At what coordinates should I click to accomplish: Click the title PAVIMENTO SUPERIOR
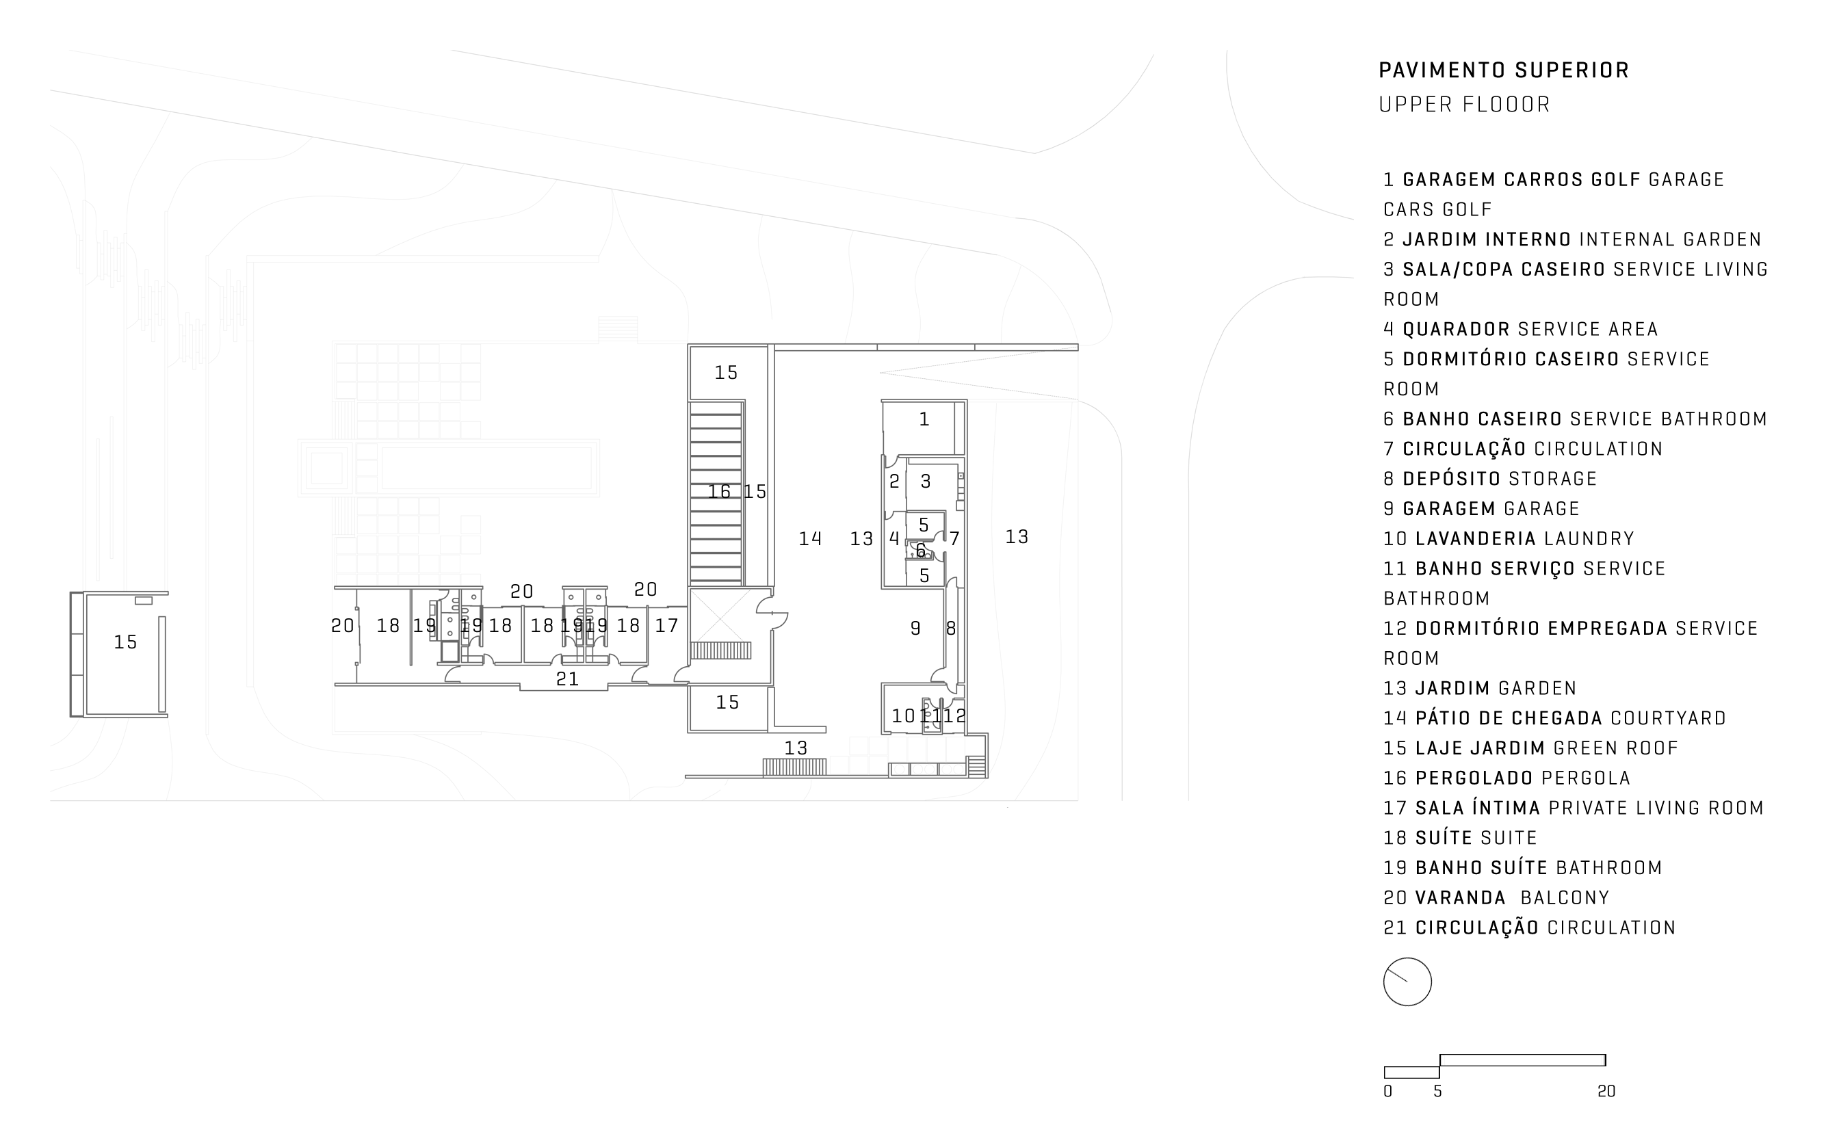point(1504,70)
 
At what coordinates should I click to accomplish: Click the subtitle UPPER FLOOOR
point(1465,105)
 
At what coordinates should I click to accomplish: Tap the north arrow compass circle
point(1407,982)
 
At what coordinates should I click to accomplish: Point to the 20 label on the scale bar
point(1606,1092)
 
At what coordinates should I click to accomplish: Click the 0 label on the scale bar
point(1387,1092)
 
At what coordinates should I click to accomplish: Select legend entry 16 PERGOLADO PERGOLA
point(1507,778)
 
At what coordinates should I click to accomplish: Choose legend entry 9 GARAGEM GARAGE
point(1481,509)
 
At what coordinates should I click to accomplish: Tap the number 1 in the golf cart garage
point(924,419)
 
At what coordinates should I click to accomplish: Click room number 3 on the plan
point(926,482)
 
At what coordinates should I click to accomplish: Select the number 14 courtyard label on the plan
point(810,538)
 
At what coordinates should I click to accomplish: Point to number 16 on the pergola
point(719,491)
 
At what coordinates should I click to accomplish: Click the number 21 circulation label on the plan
point(567,679)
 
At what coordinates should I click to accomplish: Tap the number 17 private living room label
point(666,625)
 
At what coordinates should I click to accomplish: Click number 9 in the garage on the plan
point(915,628)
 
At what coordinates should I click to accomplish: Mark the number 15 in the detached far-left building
point(125,642)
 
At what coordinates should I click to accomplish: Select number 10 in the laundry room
point(903,715)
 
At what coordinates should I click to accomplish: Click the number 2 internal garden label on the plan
point(894,482)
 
